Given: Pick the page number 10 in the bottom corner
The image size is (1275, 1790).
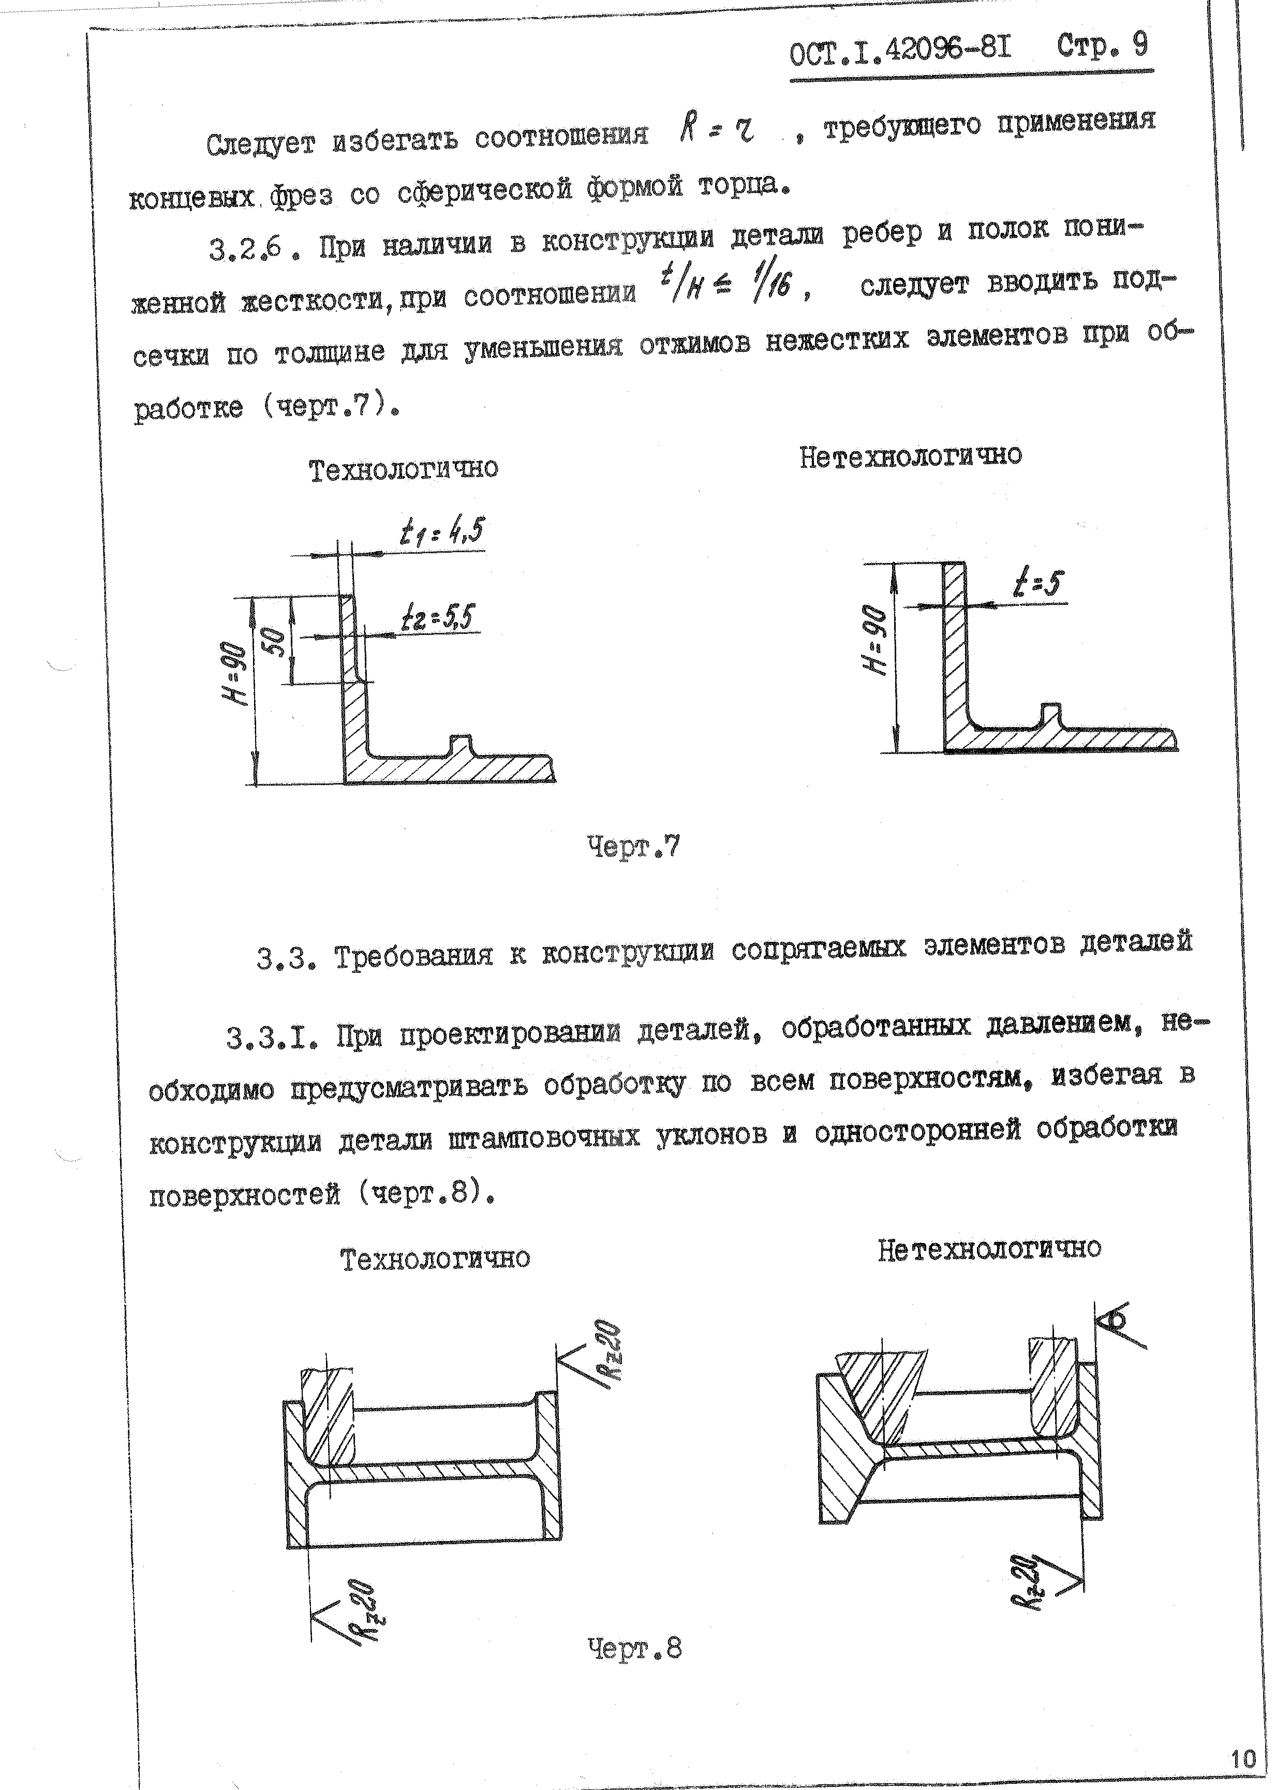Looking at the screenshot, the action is point(1243,1737).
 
